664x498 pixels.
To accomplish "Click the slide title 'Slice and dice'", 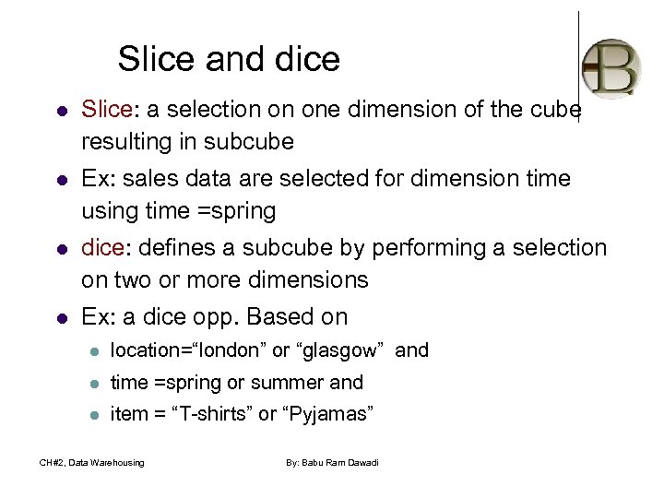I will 229,60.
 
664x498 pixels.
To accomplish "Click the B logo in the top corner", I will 611,67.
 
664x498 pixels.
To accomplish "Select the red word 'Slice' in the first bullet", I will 107,110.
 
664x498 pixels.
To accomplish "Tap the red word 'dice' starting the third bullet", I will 105,248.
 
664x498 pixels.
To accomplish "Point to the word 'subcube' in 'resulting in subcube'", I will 249,142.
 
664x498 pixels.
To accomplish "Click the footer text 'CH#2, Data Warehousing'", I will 91,462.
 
